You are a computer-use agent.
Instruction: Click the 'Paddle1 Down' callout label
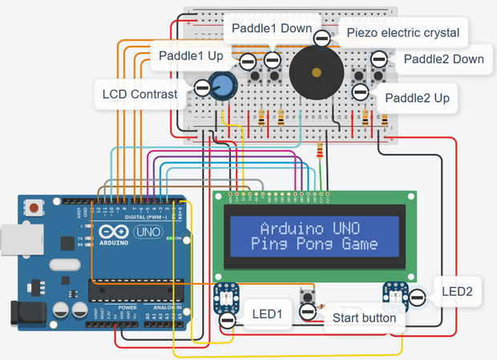point(272,29)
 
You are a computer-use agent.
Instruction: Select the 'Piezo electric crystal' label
point(402,33)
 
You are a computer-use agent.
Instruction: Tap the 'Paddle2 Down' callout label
point(443,59)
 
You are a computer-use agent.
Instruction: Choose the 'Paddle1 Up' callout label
point(191,56)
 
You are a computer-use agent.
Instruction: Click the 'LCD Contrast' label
point(139,95)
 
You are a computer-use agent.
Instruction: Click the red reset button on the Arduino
point(34,210)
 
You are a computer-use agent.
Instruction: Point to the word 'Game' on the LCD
point(358,243)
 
